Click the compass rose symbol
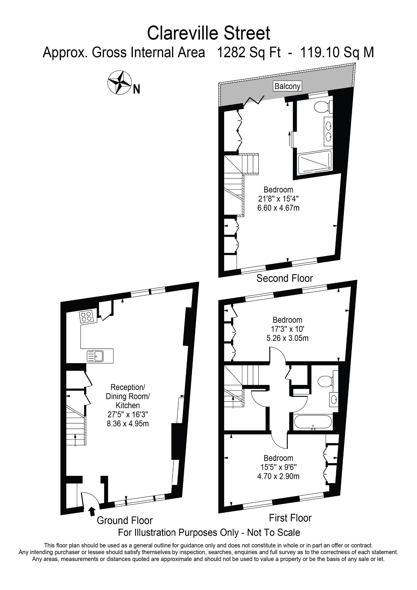[x=119, y=82]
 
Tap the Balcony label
[x=287, y=86]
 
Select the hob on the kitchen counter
[x=86, y=317]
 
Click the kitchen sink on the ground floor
[x=95, y=356]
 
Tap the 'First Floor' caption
[x=290, y=518]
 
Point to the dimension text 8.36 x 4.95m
[x=128, y=423]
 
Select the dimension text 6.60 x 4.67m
[x=278, y=208]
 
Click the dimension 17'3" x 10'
[x=288, y=329]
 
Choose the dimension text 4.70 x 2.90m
[x=278, y=476]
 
